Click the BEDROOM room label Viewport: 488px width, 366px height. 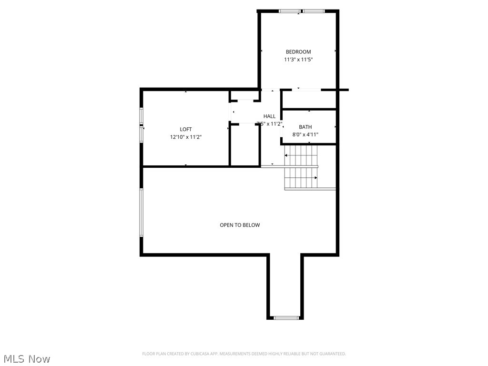coord(298,52)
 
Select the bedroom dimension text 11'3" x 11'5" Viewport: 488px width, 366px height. coord(298,60)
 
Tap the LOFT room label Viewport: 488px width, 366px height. coord(186,129)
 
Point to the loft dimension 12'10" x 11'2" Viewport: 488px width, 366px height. coord(186,137)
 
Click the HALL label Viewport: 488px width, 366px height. coord(269,116)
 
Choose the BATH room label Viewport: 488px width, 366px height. coord(305,127)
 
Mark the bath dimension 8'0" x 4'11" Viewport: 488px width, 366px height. coord(305,135)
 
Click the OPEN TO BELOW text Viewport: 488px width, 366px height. coord(240,225)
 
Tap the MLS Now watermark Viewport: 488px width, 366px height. coord(26,358)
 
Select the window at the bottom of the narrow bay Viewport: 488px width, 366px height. coord(286,317)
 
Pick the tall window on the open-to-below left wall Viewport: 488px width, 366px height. coord(141,213)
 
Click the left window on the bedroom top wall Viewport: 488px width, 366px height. coord(289,11)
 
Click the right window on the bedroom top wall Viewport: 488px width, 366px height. coord(313,11)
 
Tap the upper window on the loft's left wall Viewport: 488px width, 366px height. coord(141,116)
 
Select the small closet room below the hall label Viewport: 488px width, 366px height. coord(244,145)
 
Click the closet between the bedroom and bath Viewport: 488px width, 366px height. coord(309,99)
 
